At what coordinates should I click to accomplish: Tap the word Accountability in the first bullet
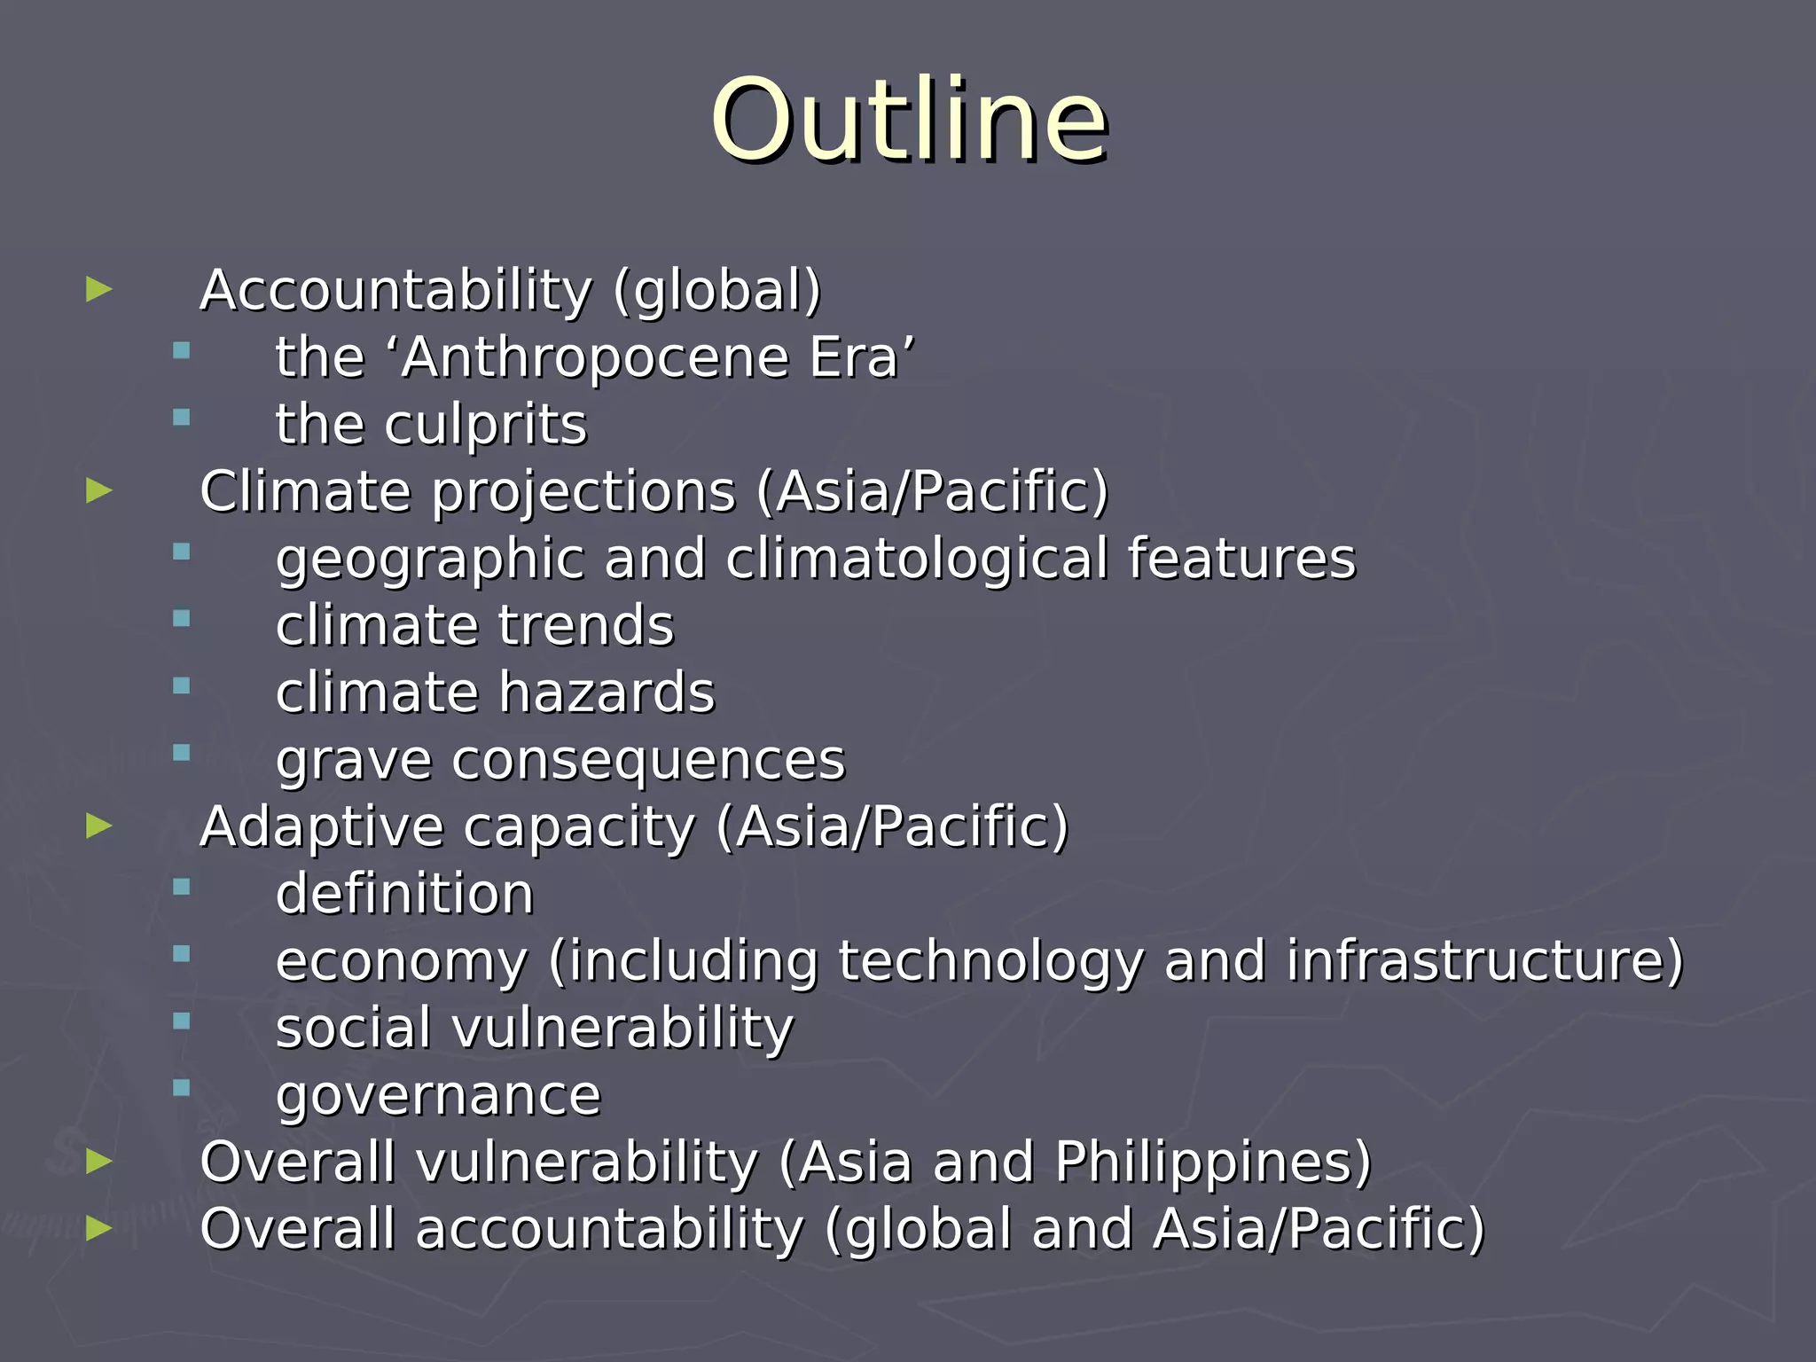395,290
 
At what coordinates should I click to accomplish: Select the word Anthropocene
594,357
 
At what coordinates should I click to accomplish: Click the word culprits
485,425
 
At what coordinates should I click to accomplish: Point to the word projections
583,492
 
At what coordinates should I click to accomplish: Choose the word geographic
429,560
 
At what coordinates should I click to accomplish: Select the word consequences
648,761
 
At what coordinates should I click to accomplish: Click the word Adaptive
322,827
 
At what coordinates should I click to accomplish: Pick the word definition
404,894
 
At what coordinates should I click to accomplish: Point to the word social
353,1029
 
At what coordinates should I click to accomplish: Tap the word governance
438,1097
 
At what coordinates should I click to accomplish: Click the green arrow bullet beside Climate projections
99,489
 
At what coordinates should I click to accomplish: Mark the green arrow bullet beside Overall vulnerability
99,1161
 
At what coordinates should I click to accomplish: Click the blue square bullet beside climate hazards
182,685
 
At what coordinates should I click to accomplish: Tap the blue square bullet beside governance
182,1088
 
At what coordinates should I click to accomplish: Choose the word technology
990,961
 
